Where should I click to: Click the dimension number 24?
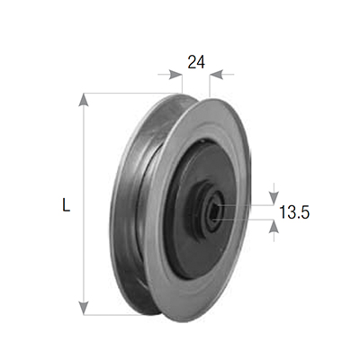click(x=196, y=62)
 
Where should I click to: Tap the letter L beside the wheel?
click(x=66, y=204)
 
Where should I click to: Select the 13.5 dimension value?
click(x=294, y=212)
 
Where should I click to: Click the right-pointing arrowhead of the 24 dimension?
click(x=175, y=75)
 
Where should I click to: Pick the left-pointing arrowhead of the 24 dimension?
click(x=217, y=75)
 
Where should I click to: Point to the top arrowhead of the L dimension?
click(x=84, y=100)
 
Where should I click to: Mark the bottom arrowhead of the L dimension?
click(x=84, y=309)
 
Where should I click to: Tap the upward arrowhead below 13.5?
click(x=274, y=227)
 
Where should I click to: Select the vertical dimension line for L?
click(x=84, y=204)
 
